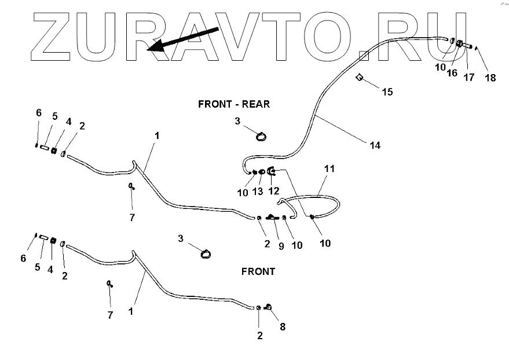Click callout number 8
(282, 327)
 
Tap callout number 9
(281, 245)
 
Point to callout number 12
(273, 191)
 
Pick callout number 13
(259, 192)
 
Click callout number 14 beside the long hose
(375, 145)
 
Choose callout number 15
(386, 91)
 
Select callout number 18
(490, 78)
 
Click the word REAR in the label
(256, 104)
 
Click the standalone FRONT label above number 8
(259, 271)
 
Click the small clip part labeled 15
(359, 78)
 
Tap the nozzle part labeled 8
(269, 307)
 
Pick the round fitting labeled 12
(272, 171)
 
